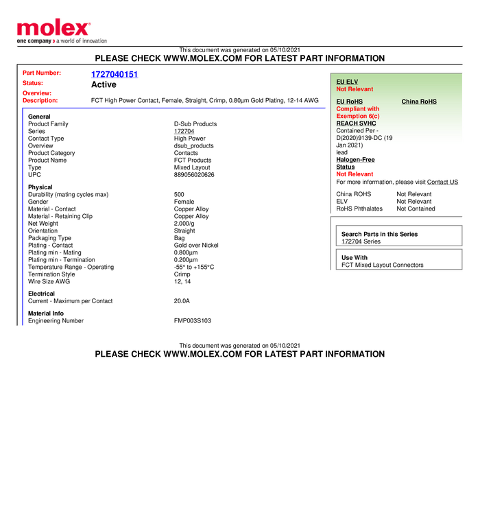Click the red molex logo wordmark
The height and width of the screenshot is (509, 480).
click(52, 28)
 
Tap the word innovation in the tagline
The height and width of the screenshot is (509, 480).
click(93, 41)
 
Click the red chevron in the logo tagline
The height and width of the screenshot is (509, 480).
click(54, 41)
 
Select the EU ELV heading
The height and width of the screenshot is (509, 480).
click(347, 82)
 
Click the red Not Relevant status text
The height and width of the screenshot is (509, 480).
click(355, 89)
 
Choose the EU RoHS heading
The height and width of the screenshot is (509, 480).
click(349, 102)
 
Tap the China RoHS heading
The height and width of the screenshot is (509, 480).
click(419, 102)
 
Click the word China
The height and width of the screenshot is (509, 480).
click(410, 102)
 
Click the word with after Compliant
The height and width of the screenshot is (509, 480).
click(373, 109)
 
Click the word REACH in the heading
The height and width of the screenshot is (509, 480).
click(346, 123)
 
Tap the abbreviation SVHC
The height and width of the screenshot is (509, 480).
click(368, 123)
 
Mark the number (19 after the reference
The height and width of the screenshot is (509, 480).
click(388, 138)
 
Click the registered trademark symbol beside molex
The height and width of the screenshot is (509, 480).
click(89, 23)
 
